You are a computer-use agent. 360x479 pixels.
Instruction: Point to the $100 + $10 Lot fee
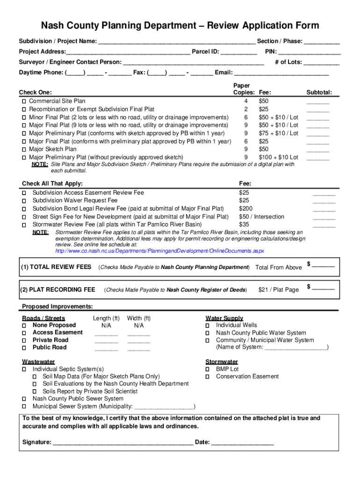[278, 158]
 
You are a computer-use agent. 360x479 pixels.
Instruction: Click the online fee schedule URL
[159, 251]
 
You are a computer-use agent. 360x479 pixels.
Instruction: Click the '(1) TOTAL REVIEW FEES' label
[56, 267]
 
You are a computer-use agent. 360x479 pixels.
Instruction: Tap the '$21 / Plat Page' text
[278, 290]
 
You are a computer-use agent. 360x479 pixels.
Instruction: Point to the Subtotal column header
[319, 93]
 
